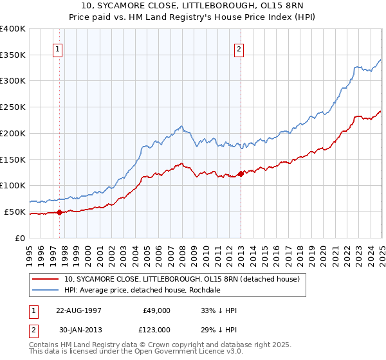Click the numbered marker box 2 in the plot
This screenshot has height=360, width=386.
click(x=239, y=48)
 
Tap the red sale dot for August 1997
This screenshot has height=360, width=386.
click(x=60, y=212)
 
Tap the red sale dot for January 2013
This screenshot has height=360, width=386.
click(x=241, y=173)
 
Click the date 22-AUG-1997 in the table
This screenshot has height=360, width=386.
click(x=79, y=310)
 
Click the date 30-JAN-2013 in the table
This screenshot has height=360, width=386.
click(x=79, y=329)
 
